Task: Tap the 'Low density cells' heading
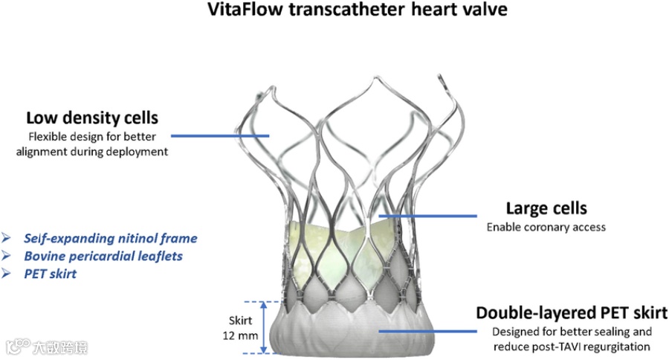pos(92,118)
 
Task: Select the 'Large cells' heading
pos(546,208)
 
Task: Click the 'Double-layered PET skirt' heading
pos(571,312)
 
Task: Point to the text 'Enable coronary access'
pos(546,227)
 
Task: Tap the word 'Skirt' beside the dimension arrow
pos(242,321)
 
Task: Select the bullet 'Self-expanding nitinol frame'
pos(111,238)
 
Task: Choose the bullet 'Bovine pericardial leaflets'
pos(103,256)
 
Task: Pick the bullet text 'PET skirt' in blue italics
pos(50,274)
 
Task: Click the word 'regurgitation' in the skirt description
pos(618,347)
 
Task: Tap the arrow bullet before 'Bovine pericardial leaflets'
pos(7,256)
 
